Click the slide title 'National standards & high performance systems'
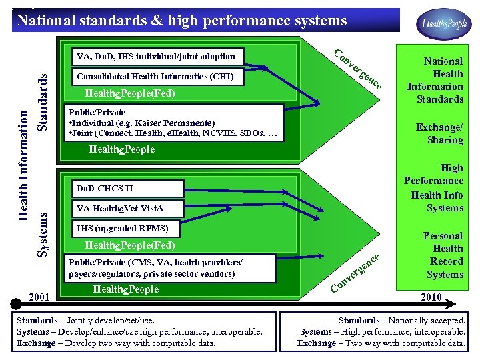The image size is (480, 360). click(181, 21)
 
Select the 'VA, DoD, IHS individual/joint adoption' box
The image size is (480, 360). click(156, 57)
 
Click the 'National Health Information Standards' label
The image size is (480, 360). click(436, 80)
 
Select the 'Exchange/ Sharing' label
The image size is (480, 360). click(439, 133)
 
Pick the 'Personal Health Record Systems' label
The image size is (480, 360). click(445, 255)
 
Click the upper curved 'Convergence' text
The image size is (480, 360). click(358, 69)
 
